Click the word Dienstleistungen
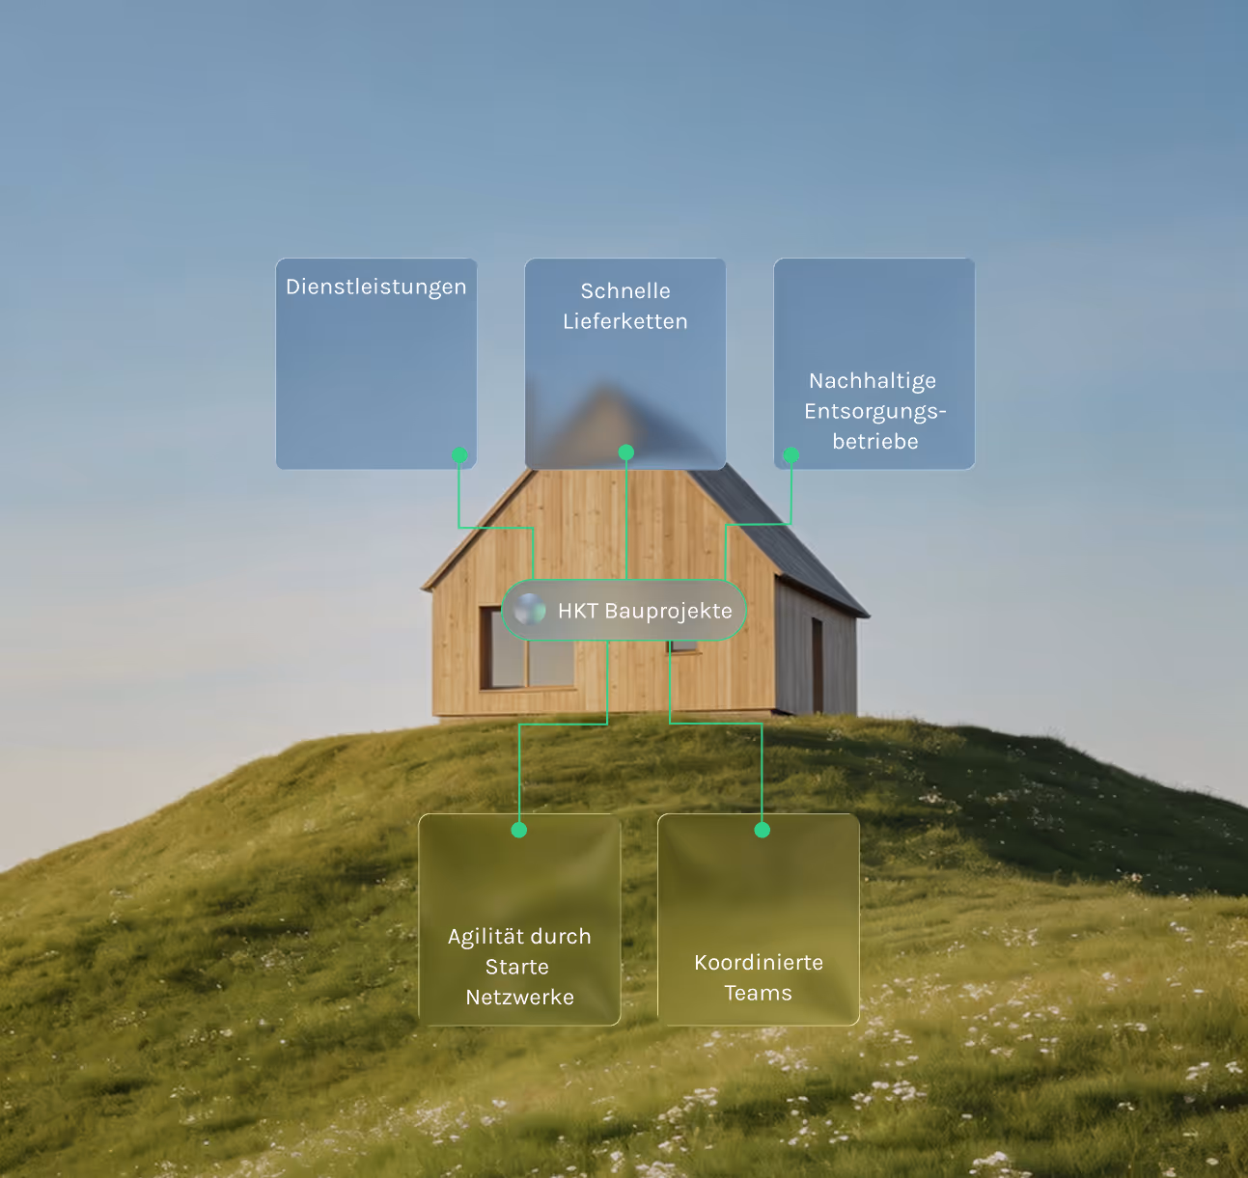(x=376, y=288)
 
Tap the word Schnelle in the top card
(x=625, y=291)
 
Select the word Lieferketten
(x=625, y=322)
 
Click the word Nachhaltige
(x=873, y=381)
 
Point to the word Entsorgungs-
(x=875, y=412)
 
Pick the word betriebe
(x=875, y=442)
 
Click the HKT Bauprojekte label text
(x=645, y=611)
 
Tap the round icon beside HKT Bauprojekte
(x=530, y=610)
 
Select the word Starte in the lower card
(x=517, y=968)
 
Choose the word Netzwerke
(x=519, y=998)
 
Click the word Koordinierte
(x=759, y=963)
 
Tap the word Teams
(x=759, y=994)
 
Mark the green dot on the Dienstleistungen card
(x=459, y=454)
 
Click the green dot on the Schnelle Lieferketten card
(x=626, y=452)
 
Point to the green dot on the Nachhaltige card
(x=790, y=454)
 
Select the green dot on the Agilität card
(x=519, y=830)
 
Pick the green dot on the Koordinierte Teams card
(x=763, y=830)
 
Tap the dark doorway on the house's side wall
(x=818, y=666)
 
